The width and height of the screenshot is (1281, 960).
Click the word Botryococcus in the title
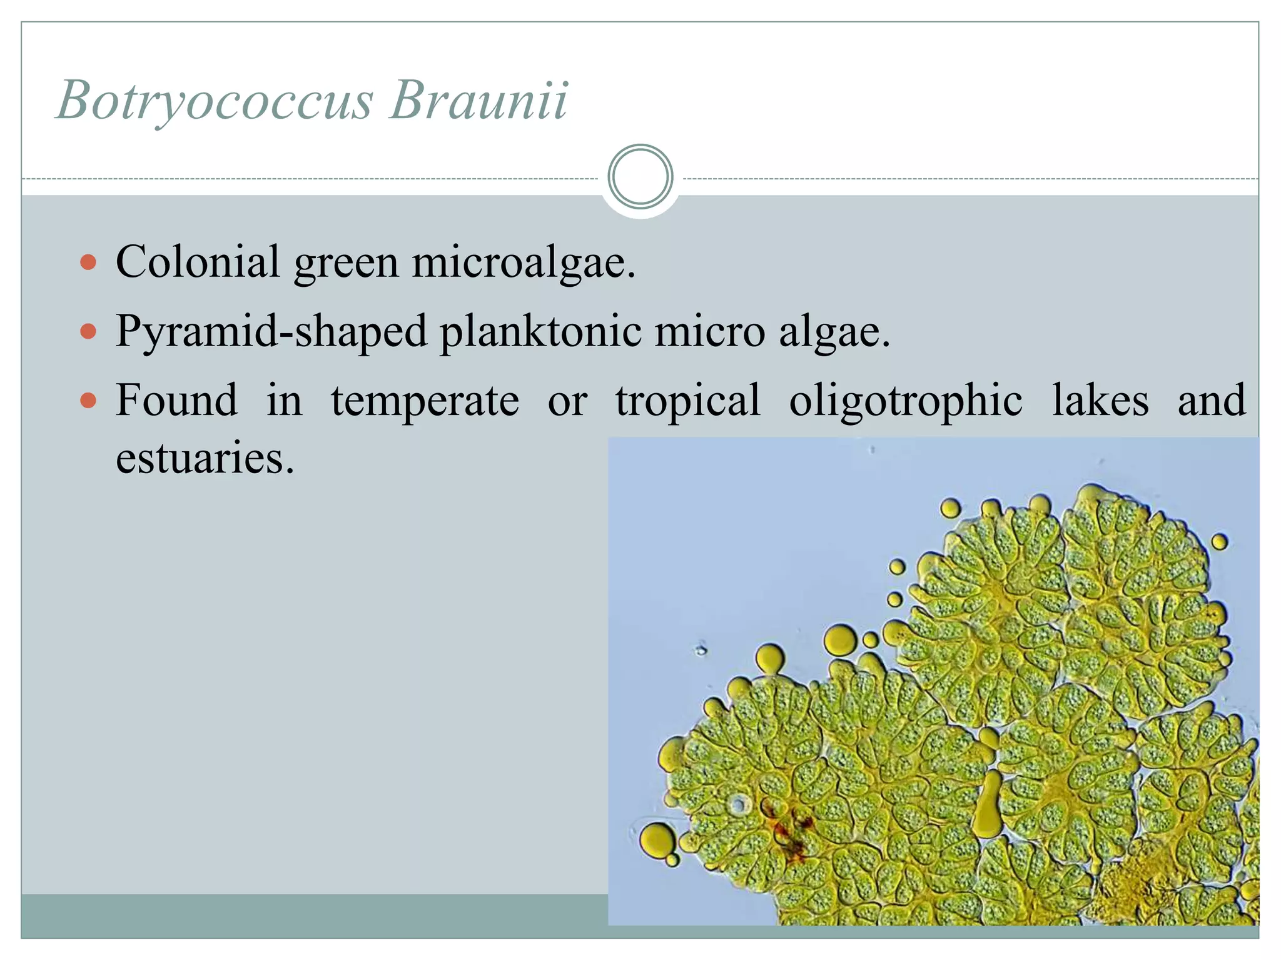[x=215, y=100]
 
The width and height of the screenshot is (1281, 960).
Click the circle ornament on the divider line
[x=640, y=177]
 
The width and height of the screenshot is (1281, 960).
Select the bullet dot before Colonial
[x=89, y=261]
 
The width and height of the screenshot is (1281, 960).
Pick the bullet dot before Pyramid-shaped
[x=89, y=331]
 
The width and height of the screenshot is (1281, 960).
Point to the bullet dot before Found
[x=89, y=400]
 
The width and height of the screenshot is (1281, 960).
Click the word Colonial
[x=198, y=261]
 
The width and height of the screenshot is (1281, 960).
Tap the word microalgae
[x=523, y=262]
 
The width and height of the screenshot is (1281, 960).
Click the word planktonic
[x=541, y=331]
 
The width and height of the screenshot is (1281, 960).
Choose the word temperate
[x=425, y=400]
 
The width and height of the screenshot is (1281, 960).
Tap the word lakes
[x=1100, y=400]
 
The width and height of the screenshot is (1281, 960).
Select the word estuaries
[x=205, y=458]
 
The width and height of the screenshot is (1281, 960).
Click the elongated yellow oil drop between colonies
[x=989, y=806]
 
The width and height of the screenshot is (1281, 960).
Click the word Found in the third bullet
[x=177, y=400]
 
